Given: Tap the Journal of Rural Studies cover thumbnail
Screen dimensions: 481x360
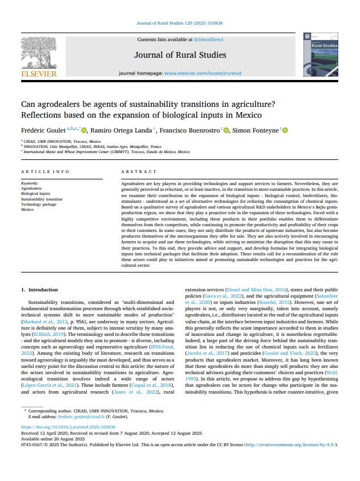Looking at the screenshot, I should [321, 55].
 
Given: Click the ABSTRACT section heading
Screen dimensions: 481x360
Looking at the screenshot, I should [138, 172].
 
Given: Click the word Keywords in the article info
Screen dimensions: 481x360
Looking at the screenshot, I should [29, 183].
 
